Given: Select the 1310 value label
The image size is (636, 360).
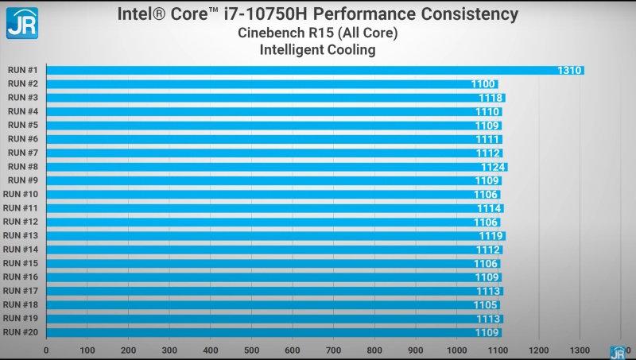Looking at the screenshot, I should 570,70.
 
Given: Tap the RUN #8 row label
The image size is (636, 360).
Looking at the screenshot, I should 23,167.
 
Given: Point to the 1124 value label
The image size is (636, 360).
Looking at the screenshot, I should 493,167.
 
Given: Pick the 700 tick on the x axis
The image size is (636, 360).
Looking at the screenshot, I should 333,350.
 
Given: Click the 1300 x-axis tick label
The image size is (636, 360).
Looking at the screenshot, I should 580,350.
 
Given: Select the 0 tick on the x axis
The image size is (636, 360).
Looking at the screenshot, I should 46,350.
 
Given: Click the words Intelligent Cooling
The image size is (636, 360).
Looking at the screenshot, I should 317,50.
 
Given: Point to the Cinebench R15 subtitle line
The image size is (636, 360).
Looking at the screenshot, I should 317,33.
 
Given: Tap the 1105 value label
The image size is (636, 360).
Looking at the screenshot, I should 487,305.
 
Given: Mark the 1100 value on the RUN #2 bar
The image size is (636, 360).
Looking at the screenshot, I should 483,84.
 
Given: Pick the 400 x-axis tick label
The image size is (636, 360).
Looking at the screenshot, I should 210,350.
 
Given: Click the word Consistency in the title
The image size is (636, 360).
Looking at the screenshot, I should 469,14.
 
